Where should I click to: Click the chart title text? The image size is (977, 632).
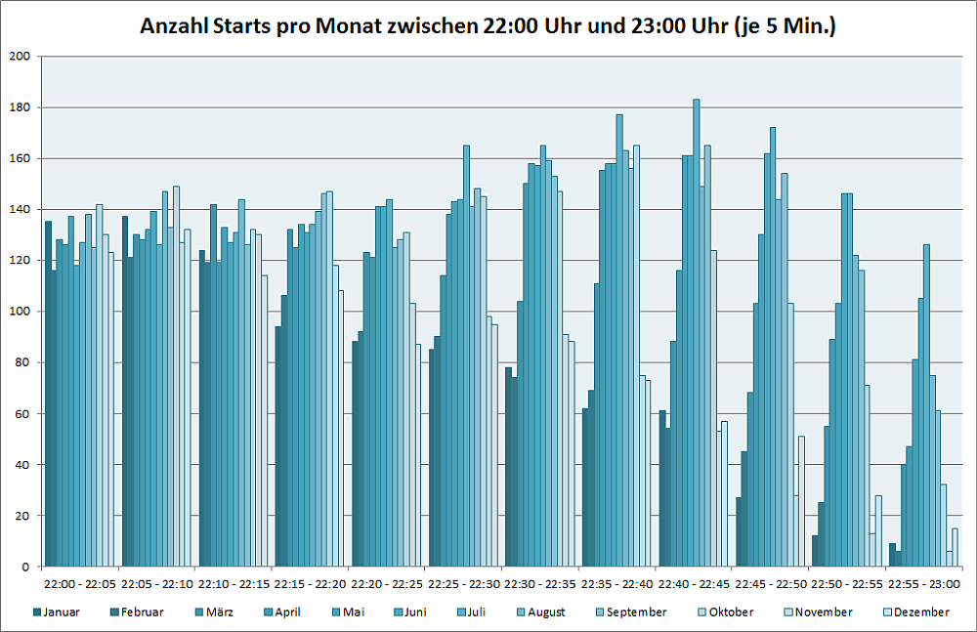[x=488, y=26]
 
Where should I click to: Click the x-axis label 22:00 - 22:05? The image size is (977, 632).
[x=80, y=584]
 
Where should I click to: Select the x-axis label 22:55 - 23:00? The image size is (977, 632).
[x=926, y=584]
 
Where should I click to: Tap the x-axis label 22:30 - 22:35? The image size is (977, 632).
[x=541, y=584]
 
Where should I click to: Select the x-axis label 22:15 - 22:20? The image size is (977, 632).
[x=311, y=584]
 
